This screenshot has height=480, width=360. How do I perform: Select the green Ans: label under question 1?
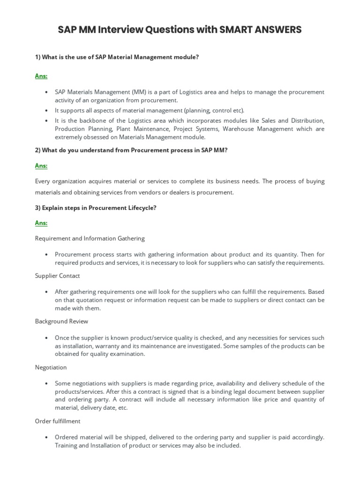click(41, 76)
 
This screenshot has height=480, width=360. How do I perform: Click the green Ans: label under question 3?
click(41, 223)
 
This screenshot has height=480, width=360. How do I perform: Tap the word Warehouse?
click(240, 129)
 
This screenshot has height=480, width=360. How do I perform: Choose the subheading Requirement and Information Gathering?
click(90, 238)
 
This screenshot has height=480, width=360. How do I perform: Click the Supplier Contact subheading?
click(58, 276)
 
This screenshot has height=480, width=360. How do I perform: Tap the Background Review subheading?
click(61, 322)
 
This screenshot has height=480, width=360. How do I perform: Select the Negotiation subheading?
click(51, 367)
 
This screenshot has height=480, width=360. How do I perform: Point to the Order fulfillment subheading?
click(58, 421)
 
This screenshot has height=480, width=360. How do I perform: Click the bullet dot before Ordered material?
click(46, 437)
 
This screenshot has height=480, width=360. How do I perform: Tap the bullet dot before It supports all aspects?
click(46, 111)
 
